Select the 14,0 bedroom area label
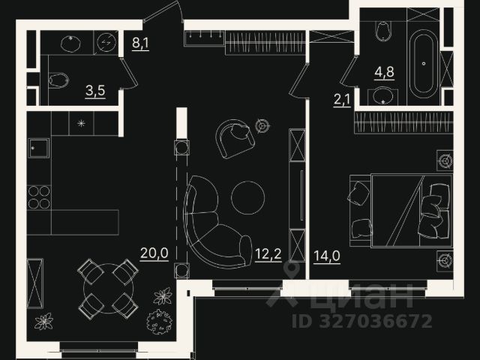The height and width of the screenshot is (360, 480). [327, 256]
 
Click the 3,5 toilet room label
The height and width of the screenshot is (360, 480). [94, 92]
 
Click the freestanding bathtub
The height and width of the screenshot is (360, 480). [422, 63]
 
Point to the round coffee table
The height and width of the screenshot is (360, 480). [247, 197]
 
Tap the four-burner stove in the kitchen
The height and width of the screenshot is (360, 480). [39, 196]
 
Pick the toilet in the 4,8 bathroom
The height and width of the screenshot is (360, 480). [383, 29]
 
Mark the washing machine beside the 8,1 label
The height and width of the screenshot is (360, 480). [105, 43]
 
